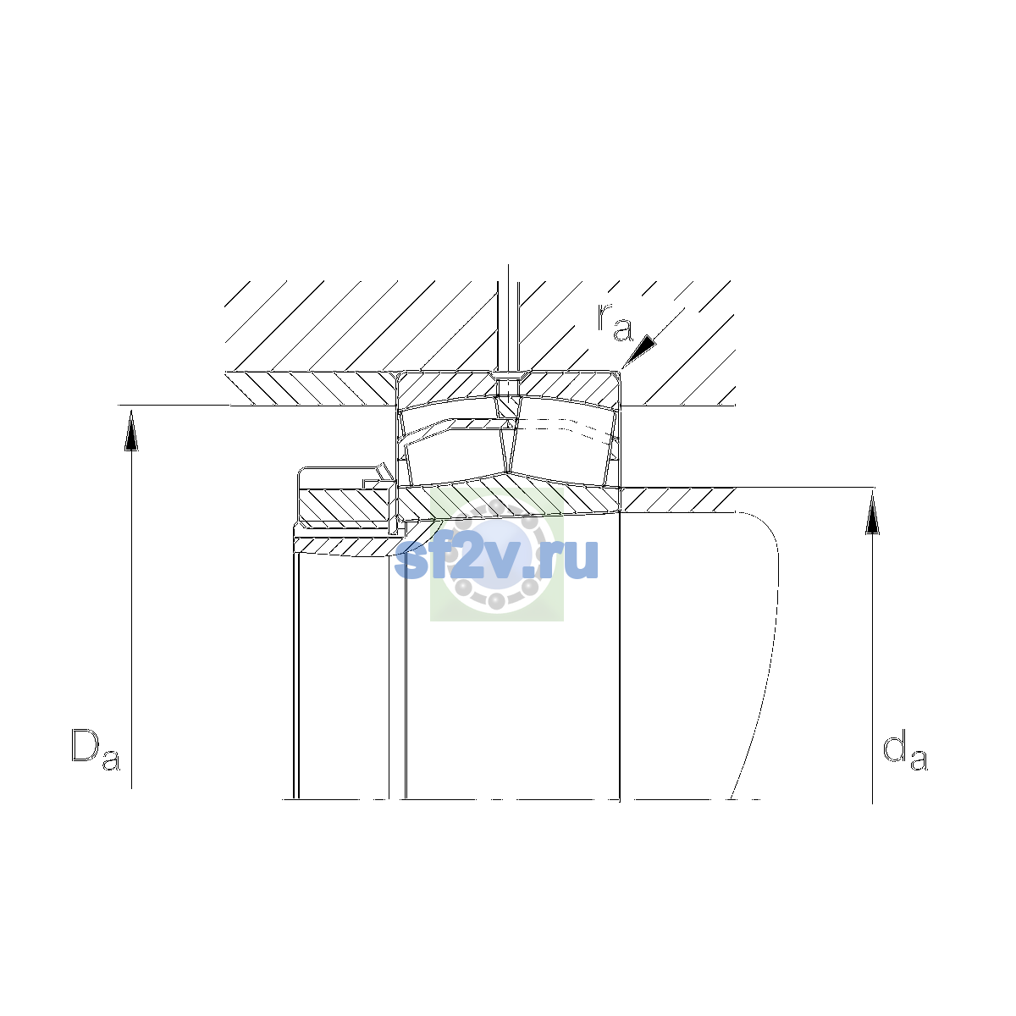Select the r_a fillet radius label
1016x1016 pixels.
tap(614, 322)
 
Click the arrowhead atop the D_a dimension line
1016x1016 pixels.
tap(131, 430)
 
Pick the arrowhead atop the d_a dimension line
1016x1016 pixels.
tap(873, 513)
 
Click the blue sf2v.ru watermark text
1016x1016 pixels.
tap(496, 558)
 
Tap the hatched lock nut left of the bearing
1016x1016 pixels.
tap(343, 505)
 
